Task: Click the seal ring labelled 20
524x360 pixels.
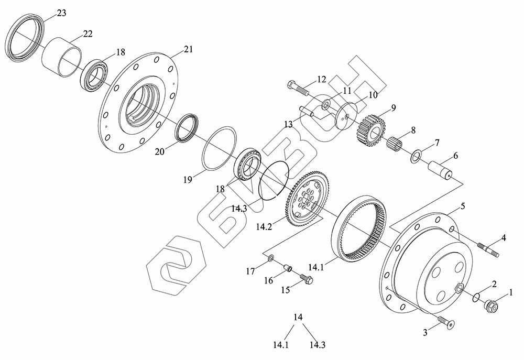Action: coord(187,128)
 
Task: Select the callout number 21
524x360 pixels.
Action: coord(189,50)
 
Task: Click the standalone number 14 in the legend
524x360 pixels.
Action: coord(299,317)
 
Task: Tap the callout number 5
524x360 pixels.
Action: coord(463,206)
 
